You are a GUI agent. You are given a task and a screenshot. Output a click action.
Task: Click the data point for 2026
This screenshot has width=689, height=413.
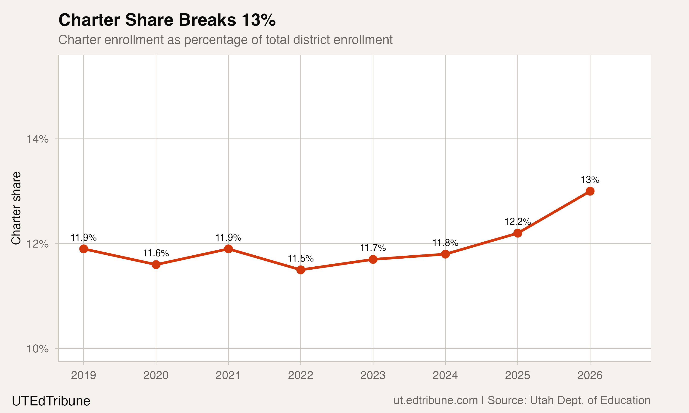(x=590, y=191)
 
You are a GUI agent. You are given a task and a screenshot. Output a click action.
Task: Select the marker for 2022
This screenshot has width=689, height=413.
(x=300, y=270)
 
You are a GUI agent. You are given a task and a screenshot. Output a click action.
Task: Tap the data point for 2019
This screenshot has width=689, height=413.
(x=84, y=249)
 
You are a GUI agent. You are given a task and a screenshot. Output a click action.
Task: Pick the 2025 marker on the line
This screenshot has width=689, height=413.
(x=517, y=233)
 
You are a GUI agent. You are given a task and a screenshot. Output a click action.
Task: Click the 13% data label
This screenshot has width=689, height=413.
(x=590, y=180)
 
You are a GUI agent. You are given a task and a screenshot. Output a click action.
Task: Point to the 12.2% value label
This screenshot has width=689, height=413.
(x=517, y=222)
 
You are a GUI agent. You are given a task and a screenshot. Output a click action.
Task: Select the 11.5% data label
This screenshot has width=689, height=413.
(x=300, y=259)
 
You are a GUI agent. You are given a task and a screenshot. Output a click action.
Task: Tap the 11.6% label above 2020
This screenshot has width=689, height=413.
(x=156, y=253)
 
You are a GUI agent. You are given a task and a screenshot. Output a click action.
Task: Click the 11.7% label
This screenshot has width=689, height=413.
(x=373, y=248)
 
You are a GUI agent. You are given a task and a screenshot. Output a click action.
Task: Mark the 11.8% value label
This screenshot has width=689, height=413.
(x=445, y=243)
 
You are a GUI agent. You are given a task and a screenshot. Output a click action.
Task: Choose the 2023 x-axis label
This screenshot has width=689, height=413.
(x=373, y=375)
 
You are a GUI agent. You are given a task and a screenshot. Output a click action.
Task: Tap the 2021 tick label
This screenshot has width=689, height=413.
(x=228, y=375)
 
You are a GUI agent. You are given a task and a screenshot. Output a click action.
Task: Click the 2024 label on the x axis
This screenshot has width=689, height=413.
(x=445, y=375)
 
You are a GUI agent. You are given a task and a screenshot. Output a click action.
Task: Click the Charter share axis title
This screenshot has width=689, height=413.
(x=16, y=208)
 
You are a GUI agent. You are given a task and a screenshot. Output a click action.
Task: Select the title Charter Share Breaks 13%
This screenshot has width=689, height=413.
(x=167, y=20)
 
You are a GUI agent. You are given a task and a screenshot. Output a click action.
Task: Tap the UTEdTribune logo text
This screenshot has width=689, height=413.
(x=51, y=401)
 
